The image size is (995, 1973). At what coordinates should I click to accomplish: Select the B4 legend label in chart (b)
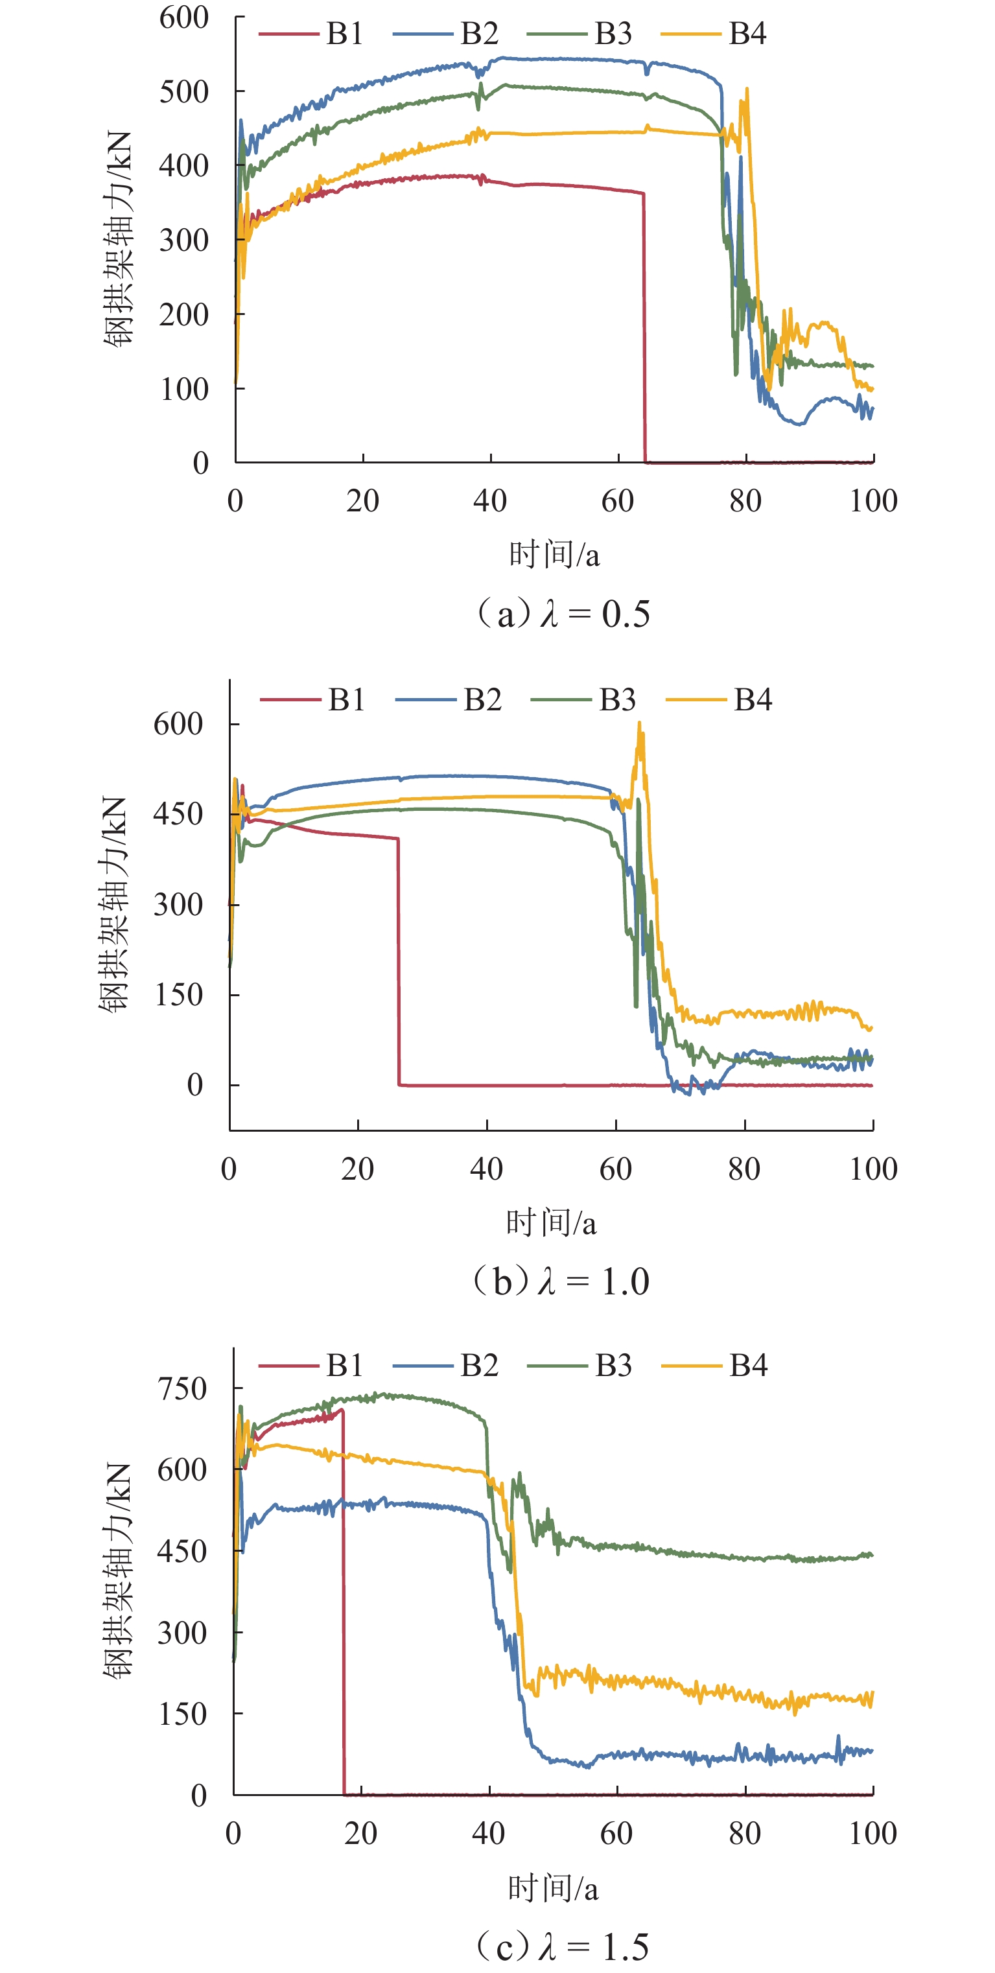[x=752, y=699]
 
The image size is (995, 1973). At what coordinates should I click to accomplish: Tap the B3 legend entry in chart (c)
[x=613, y=1365]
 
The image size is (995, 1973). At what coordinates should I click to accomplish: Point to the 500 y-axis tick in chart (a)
[x=184, y=92]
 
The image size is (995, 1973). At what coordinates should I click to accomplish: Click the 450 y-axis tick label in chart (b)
[x=178, y=813]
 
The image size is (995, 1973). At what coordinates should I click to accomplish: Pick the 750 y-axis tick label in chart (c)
[x=182, y=1388]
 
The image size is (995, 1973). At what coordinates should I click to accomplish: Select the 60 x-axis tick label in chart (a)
[x=617, y=501]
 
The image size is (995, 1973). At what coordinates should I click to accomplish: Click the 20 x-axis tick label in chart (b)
[x=358, y=1169]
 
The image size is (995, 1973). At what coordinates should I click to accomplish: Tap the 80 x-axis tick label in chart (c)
[x=745, y=1834]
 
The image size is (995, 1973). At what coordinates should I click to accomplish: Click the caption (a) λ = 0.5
[x=563, y=614]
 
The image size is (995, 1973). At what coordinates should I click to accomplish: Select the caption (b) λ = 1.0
[x=561, y=1281]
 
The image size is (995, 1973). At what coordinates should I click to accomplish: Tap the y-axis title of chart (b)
[x=113, y=904]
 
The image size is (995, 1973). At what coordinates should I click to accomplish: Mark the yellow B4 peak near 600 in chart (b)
[x=640, y=725]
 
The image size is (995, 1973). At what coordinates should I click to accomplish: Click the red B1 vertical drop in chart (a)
[x=644, y=329]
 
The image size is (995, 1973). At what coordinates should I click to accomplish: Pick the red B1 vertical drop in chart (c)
[x=343, y=1609]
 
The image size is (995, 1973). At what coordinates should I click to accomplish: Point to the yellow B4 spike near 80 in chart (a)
[x=746, y=92]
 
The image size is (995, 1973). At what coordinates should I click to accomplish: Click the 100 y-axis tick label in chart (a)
[x=184, y=389]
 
